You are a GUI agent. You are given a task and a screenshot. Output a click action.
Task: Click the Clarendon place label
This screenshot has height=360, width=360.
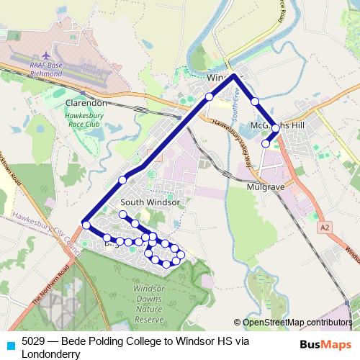86,103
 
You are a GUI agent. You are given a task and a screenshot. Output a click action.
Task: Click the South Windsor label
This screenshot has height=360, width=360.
150,203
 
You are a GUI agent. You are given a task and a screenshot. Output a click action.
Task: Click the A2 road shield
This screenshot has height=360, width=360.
325,227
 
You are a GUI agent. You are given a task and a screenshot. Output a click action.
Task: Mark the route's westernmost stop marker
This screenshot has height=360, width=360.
86,225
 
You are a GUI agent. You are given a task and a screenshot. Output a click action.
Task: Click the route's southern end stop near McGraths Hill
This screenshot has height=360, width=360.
266,144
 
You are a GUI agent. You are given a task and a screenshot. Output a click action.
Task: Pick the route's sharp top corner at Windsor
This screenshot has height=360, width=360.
235,76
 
